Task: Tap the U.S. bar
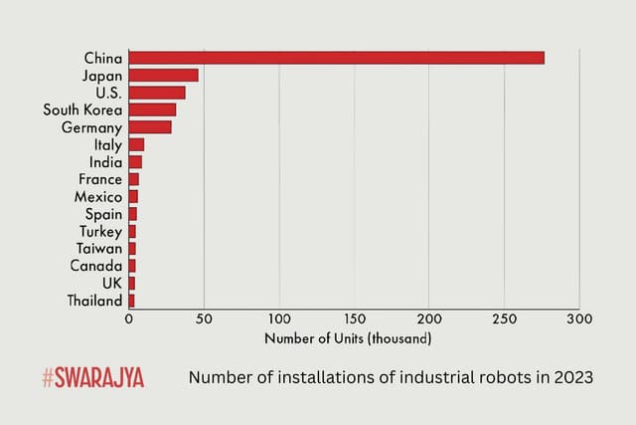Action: (x=157, y=93)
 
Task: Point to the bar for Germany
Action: (x=150, y=127)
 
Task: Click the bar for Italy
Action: (x=136, y=144)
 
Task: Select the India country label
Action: (x=105, y=161)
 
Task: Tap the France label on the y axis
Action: (x=100, y=179)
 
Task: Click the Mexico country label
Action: (x=98, y=197)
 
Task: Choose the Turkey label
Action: (x=100, y=231)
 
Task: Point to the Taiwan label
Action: (x=99, y=248)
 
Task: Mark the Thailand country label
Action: (x=95, y=300)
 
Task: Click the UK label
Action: (x=112, y=283)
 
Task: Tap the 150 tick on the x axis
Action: (x=354, y=319)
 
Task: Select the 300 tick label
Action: (x=579, y=319)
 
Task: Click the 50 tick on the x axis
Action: (x=204, y=319)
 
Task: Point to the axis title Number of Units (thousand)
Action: (x=348, y=338)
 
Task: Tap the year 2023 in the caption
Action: (x=573, y=378)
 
